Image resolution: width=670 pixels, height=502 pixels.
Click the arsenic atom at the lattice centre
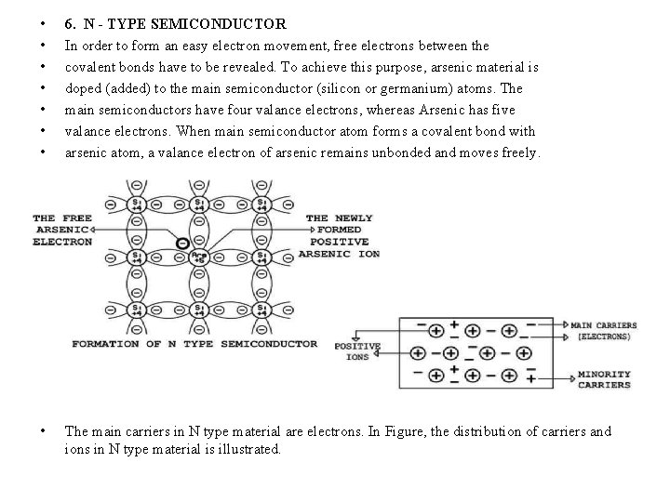[x=197, y=256]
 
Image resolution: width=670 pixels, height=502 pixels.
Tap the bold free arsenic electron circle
[x=181, y=244]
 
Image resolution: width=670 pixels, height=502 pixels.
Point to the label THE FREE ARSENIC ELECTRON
[x=62, y=230]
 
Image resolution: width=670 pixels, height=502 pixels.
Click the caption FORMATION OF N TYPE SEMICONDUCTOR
[x=194, y=344]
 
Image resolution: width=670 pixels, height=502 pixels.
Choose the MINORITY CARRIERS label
[x=604, y=379]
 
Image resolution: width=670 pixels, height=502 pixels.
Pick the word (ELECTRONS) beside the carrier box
[x=604, y=337]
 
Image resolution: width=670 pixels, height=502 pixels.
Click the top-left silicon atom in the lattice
[x=137, y=204]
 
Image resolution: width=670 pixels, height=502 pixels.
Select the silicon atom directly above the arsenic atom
[x=197, y=204]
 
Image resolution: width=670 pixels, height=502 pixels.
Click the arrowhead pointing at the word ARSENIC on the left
[x=99, y=230]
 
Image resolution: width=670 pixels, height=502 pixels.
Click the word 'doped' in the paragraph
[x=82, y=88]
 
